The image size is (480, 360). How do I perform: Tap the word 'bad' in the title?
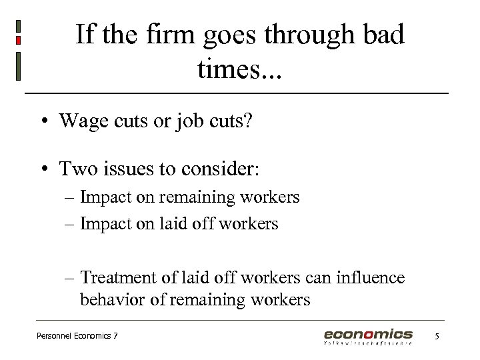(x=380, y=34)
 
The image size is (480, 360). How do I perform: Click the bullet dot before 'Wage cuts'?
(x=42, y=121)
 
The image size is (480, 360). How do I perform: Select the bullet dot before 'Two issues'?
(x=42, y=169)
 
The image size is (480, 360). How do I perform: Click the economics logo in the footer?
(x=368, y=336)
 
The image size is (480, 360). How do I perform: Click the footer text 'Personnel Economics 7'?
(x=77, y=336)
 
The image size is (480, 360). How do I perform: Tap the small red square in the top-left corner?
(x=18, y=41)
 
